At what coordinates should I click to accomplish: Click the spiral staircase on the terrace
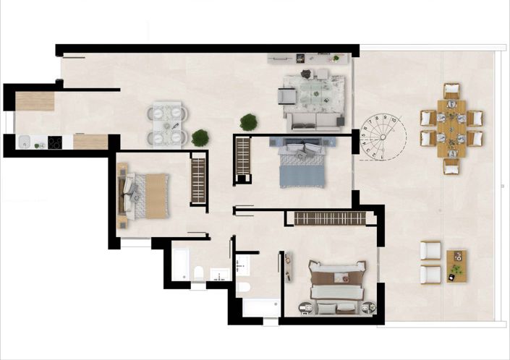[382, 137]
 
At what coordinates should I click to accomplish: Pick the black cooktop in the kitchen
[54, 142]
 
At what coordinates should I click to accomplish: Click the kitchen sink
[22, 142]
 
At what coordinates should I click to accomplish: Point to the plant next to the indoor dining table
[200, 137]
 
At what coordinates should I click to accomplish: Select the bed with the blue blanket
[302, 164]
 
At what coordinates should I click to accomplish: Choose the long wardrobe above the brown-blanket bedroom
[326, 218]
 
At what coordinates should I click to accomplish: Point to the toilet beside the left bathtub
[199, 273]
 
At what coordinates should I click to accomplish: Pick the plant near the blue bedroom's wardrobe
[249, 122]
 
